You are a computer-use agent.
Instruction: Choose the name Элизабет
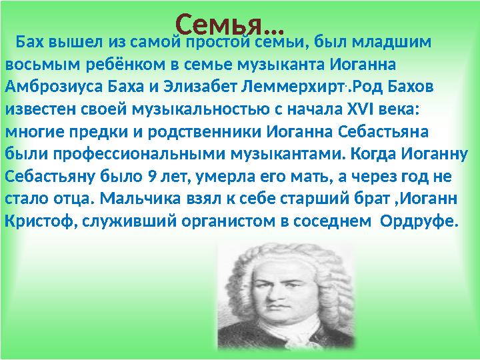point(185,88)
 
